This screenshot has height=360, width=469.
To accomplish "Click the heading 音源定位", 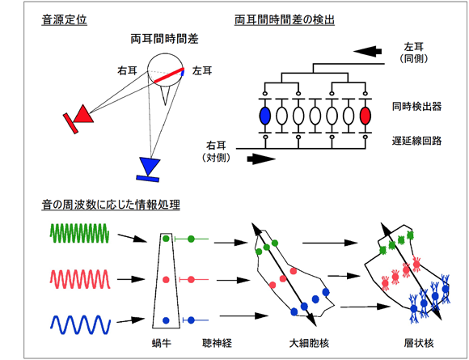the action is click(65, 20).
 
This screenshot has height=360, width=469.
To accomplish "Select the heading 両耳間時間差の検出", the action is click(285, 20).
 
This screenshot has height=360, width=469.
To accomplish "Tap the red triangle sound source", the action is click(83, 114).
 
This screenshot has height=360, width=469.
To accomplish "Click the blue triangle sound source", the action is click(150, 166).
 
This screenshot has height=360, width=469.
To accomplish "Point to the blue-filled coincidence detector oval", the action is click(265, 116).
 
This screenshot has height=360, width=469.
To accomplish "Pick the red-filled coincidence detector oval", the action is click(365, 116).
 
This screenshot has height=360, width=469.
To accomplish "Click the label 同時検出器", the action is click(417, 107).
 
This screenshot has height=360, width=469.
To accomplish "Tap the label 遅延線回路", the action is click(417, 141).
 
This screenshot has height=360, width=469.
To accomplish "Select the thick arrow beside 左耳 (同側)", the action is click(367, 51).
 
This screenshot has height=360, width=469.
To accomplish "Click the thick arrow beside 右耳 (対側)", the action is click(261, 159).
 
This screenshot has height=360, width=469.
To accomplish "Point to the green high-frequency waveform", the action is click(79, 233).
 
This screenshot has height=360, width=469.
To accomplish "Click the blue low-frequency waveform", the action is click(80, 324).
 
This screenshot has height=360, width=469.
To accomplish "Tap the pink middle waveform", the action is click(80, 279).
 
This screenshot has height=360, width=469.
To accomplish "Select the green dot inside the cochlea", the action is click(166, 239).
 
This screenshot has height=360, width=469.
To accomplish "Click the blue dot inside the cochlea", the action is click(166, 320).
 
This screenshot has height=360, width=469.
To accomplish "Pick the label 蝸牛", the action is click(162, 343).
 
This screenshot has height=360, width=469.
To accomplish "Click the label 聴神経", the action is click(218, 343).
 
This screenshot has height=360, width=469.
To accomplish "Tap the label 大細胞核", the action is click(309, 343).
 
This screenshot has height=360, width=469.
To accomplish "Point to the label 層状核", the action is click(419, 343).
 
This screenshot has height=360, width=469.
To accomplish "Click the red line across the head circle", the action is click(169, 75).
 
